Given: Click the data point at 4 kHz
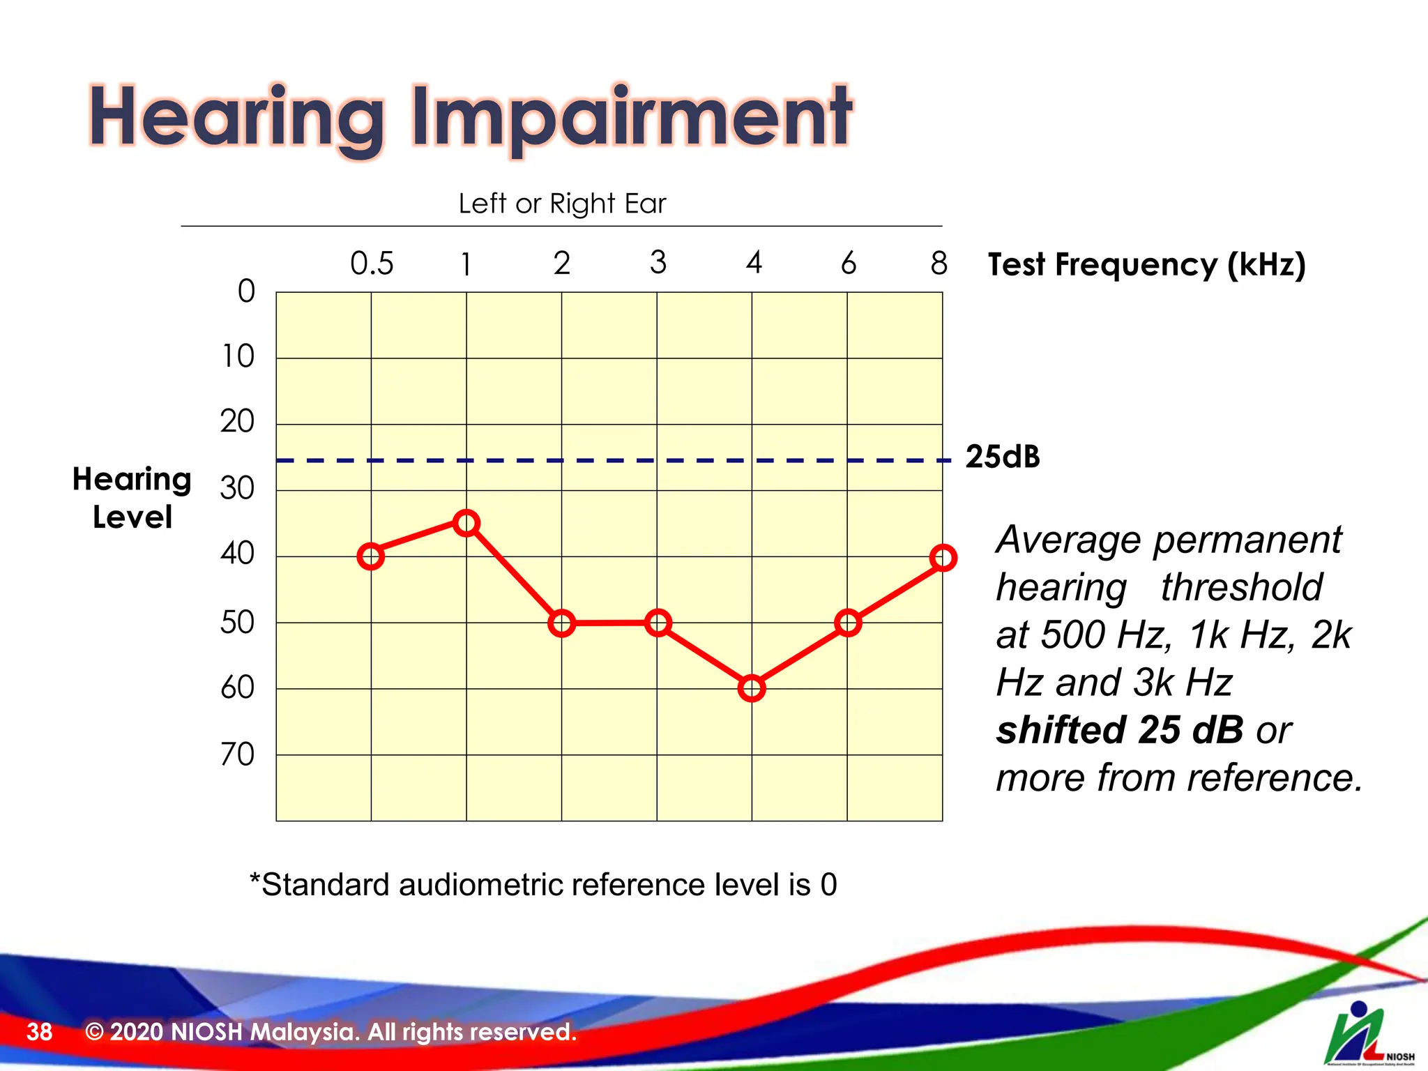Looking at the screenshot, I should tap(752, 688).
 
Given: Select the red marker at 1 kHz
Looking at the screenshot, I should tap(466, 523).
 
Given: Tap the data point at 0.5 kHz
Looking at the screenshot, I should tap(371, 556).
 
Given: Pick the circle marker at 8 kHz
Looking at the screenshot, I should tap(943, 558).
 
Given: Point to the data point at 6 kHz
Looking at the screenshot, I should tap(848, 623).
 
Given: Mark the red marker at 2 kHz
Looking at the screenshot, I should tap(562, 623).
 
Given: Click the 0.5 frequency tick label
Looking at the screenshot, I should tap(372, 264).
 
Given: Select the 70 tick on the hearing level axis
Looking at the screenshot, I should tap(237, 754).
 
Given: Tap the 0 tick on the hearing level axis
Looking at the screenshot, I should tap(246, 291).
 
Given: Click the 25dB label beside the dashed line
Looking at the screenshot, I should tap(1003, 457).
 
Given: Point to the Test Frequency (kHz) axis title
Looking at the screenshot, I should tap(1146, 265).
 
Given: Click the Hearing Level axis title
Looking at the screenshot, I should tap(132, 498).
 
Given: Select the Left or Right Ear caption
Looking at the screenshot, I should tap(562, 204).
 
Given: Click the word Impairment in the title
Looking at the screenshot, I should tap(631, 117).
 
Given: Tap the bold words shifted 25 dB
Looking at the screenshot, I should tap(1120, 730).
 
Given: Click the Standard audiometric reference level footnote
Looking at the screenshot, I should tap(543, 885).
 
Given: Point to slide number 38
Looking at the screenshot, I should tap(39, 1031).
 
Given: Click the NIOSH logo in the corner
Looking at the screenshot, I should tap(1367, 1035).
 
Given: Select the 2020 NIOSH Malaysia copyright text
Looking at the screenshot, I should tap(331, 1031).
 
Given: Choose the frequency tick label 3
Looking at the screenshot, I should tap(658, 263).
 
